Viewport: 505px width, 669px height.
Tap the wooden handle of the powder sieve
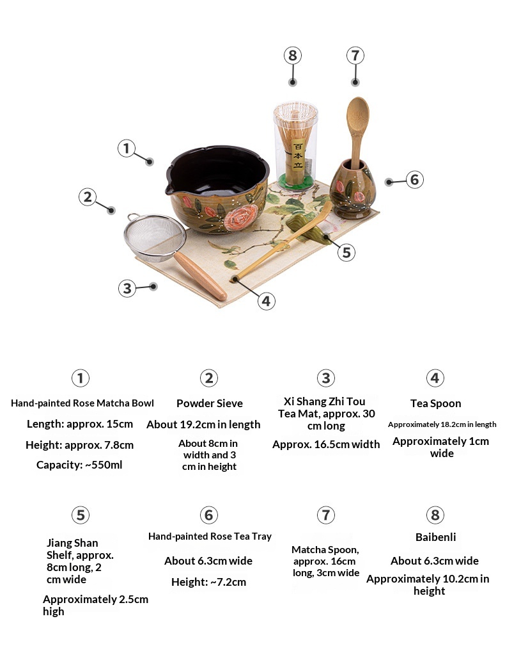(x=200, y=276)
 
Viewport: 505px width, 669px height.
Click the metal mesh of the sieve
(x=155, y=236)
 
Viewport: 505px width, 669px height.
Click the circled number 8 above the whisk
(x=292, y=56)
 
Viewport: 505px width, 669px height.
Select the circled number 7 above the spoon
(x=355, y=56)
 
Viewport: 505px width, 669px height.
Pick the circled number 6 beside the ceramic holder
(x=414, y=180)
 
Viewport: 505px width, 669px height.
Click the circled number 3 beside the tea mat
(x=127, y=289)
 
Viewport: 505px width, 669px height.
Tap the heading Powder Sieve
(x=210, y=403)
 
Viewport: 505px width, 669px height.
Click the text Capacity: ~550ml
(x=79, y=465)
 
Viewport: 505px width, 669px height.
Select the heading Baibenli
(x=435, y=537)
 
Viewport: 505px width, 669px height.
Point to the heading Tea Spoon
(x=435, y=403)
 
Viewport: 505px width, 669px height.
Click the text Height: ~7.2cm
(x=209, y=582)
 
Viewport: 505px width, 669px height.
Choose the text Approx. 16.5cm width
(x=326, y=444)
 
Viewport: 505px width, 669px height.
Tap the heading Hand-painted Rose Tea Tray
(x=210, y=536)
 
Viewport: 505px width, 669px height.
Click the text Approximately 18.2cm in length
(x=442, y=424)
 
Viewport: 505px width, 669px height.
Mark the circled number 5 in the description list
(x=81, y=515)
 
